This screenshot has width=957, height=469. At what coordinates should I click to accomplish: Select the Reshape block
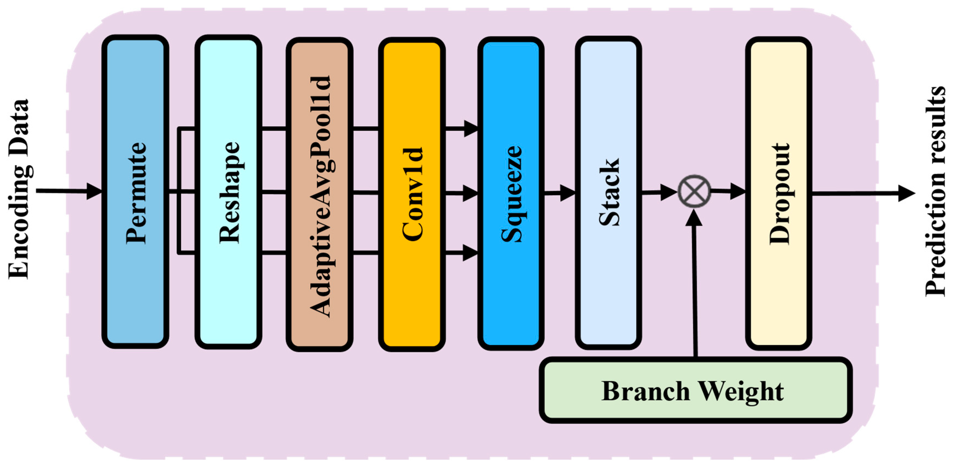pos(228,192)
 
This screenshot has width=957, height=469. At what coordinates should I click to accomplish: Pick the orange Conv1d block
pos(412,194)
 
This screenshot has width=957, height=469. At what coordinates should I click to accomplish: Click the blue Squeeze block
pos(511,193)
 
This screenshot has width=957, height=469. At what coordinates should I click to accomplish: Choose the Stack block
pos(608,192)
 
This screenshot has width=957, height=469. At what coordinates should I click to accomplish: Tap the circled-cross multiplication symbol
pos(694,192)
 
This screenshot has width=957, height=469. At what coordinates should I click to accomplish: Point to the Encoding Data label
pos(19,189)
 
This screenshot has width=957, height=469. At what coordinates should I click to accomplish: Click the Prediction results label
pos(935,191)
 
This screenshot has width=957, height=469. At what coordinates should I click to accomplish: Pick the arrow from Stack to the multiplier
pos(660,192)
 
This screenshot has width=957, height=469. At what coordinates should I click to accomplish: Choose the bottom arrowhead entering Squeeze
pos(470,253)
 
